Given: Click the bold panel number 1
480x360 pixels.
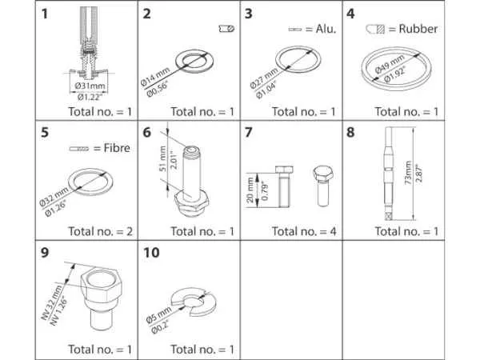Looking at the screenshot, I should tap(46, 14).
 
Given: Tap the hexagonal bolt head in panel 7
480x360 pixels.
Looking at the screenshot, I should tap(322, 175).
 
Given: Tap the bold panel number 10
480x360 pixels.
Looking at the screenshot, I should tap(150, 254).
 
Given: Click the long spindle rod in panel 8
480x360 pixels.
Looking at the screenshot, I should tap(390, 172).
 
